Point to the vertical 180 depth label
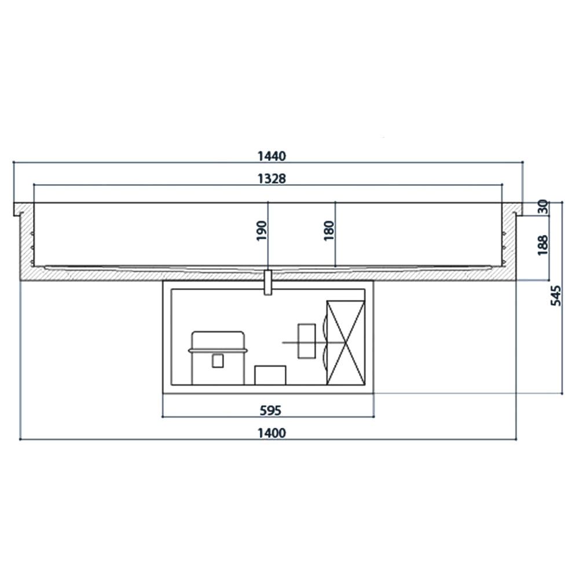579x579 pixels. (x=329, y=231)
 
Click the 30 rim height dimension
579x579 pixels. (x=543, y=207)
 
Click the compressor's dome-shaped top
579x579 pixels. (x=218, y=340)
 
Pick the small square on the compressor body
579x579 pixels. (x=218, y=361)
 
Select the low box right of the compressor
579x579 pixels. (x=270, y=375)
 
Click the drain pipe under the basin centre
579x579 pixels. (x=267, y=283)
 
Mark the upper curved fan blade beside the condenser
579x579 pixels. (x=320, y=332)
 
